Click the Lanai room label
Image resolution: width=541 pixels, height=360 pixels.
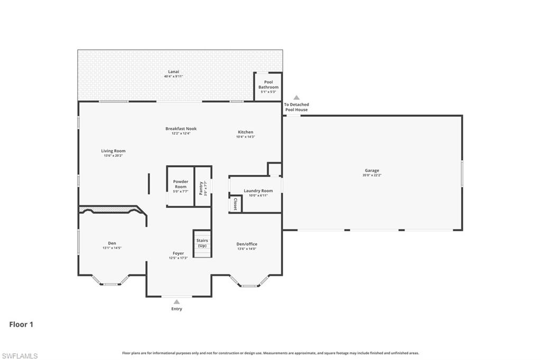(173, 71)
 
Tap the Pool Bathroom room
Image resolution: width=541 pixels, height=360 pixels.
(268, 87)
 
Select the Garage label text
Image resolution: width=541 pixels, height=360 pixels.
(372, 170)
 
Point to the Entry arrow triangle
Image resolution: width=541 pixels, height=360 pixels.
(176, 302)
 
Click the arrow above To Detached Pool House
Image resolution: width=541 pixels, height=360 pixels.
(296, 98)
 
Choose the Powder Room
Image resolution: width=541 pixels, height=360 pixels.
(181, 186)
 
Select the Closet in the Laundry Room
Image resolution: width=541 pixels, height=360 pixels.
(235, 204)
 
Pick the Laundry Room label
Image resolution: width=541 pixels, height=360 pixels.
(258, 191)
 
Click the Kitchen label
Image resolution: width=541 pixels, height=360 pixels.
(245, 132)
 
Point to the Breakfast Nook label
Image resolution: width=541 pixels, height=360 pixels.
(181, 128)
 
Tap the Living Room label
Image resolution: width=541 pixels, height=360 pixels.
(114, 151)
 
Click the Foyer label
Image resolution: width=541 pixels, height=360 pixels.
(178, 253)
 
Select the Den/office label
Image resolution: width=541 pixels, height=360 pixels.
(247, 244)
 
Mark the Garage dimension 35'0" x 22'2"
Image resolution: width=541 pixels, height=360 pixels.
(372, 175)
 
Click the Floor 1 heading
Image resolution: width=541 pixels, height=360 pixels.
(21, 325)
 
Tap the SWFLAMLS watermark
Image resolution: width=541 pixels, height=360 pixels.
(20, 356)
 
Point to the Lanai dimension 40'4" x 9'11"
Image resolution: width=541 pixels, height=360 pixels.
(173, 77)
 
